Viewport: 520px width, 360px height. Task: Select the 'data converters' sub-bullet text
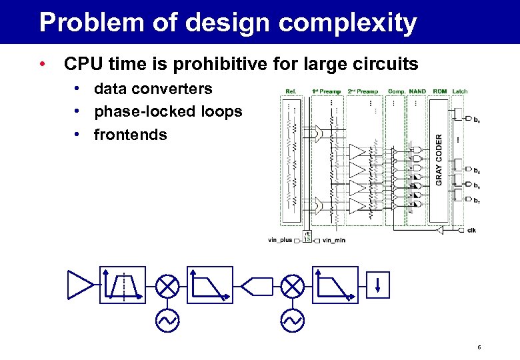(153, 89)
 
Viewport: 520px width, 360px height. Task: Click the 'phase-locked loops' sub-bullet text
(168, 111)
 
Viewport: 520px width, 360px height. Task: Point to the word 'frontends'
(131, 135)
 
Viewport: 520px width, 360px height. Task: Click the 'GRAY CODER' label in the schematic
(439, 159)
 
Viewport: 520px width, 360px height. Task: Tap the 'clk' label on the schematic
(471, 231)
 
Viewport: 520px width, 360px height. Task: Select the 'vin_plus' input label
(280, 240)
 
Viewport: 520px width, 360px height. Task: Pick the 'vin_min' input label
(334, 240)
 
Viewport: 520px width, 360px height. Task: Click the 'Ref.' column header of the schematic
(291, 91)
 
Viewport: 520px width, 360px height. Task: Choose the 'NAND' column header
(417, 91)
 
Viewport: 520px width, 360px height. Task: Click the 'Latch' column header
(460, 91)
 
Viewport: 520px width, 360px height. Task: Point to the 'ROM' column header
(439, 91)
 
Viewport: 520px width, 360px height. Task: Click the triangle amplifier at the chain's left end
(81, 285)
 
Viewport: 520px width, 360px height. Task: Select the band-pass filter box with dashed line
(122, 285)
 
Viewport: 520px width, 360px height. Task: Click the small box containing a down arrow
(378, 285)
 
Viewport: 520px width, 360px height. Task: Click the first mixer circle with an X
(166, 286)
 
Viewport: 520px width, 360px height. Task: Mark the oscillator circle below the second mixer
(291, 321)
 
